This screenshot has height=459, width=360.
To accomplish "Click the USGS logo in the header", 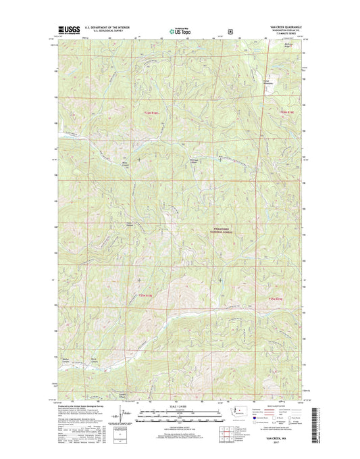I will tap(70, 29).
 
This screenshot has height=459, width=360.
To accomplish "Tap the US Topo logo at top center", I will tap(178, 30).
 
